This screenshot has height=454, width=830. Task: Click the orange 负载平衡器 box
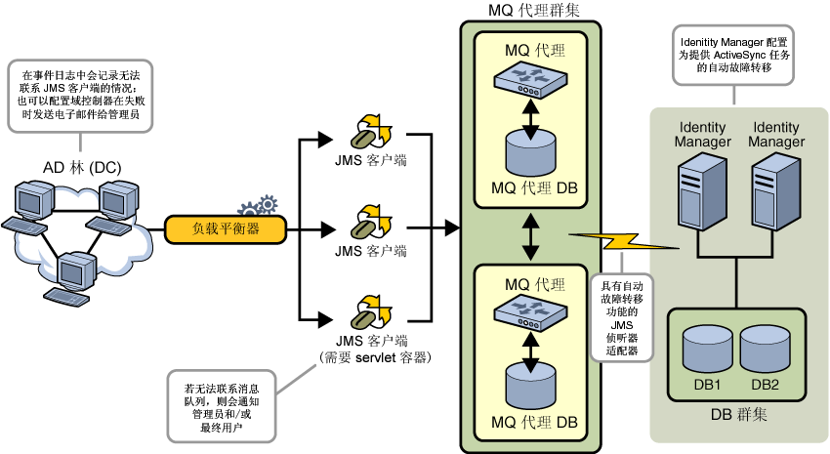[226, 229]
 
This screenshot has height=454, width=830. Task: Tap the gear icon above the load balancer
[259, 206]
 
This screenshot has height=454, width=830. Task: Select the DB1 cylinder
[707, 350]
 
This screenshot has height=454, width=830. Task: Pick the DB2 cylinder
[765, 350]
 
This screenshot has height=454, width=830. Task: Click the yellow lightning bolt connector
[624, 242]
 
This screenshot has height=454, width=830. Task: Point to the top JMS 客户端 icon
[371, 131]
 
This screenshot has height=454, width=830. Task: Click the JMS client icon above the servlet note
[371, 312]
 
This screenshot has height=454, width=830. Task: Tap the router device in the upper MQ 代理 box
[530, 80]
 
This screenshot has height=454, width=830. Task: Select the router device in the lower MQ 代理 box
[530, 313]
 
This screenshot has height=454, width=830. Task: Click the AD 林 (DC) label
[82, 168]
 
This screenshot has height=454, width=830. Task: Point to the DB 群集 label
[738, 414]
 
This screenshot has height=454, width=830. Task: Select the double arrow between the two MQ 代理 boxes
[530, 236]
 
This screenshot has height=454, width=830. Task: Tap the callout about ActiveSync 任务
[733, 55]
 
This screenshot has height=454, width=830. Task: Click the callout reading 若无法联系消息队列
[222, 406]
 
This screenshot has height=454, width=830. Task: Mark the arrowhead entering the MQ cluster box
[451, 228]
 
